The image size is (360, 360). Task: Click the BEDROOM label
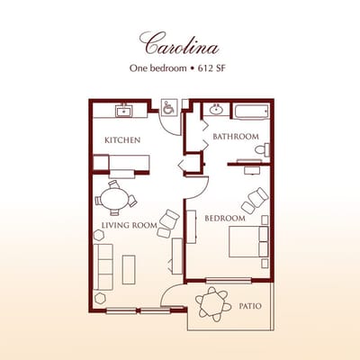[225, 219]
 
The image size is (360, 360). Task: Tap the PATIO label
[250, 307]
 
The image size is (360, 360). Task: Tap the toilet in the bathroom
[261, 149]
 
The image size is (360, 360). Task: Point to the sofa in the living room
[102, 264]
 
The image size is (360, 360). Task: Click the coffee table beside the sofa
[129, 267]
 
